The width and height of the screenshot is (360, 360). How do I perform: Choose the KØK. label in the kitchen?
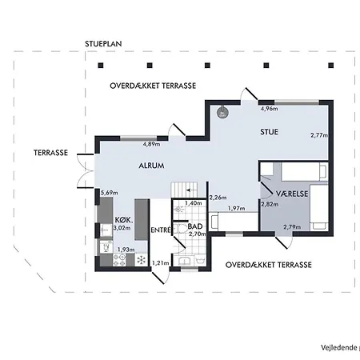click(122, 218)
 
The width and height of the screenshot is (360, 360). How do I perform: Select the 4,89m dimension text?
click(151, 144)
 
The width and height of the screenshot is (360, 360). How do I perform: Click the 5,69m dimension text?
click(109, 193)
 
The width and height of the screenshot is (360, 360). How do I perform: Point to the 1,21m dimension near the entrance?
click(161, 262)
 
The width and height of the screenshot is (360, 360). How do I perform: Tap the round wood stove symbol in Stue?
click(223, 114)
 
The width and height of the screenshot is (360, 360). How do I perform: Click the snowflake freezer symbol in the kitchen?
click(142, 260)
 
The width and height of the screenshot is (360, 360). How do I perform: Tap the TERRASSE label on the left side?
click(50, 153)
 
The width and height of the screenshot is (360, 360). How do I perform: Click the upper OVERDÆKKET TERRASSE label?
click(152, 85)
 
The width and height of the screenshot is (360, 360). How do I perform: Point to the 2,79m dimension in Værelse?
click(292, 226)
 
